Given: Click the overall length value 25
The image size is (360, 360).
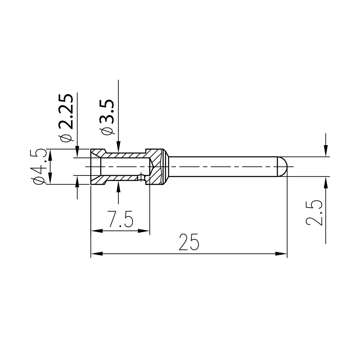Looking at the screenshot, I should pos(189,242).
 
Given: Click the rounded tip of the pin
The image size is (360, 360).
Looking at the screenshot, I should pos(283,166).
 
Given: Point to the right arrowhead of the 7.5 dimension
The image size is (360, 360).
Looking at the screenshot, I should pos(144,231).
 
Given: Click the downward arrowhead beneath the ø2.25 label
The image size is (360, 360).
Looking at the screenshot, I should pos(77,151).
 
